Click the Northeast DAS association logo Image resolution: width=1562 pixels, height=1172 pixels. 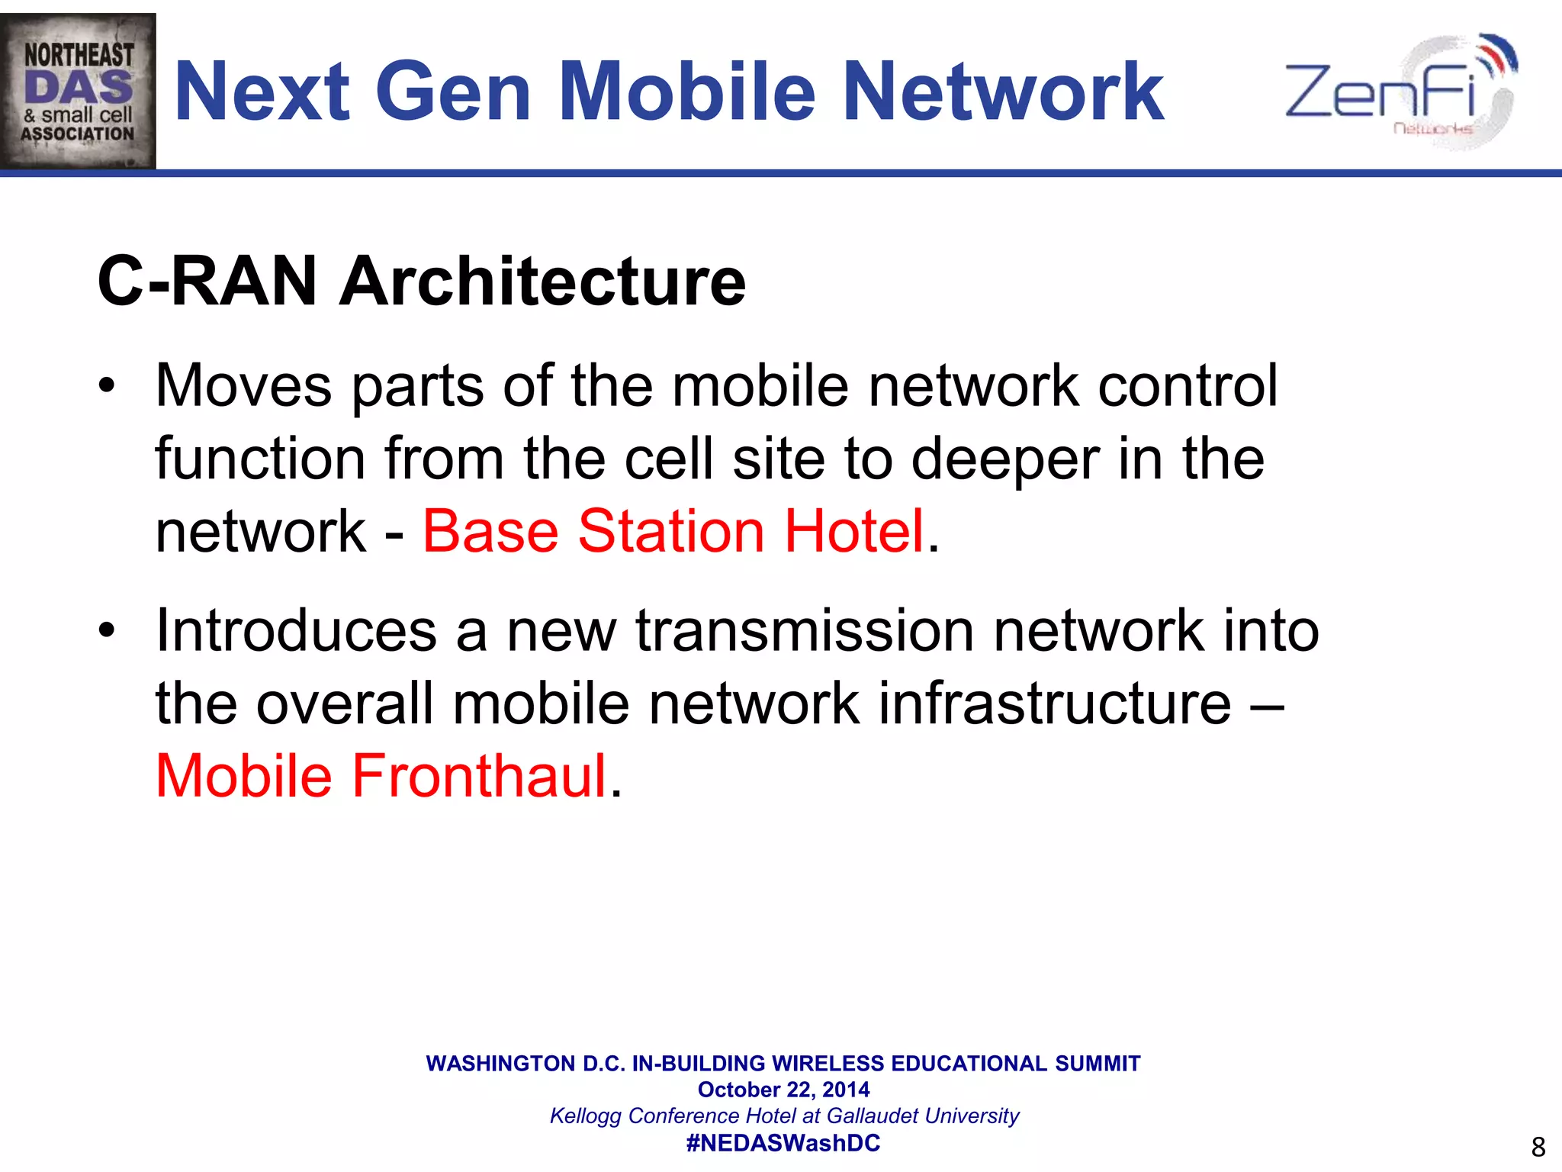point(78,92)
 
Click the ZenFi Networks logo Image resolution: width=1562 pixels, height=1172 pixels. point(1400,92)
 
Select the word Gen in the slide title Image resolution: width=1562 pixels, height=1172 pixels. point(454,92)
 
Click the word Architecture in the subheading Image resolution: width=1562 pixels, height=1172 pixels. point(542,282)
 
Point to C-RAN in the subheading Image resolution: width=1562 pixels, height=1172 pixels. point(207,282)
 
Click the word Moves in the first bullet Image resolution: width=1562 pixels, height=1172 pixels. point(243,385)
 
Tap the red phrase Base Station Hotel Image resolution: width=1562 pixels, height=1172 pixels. point(673,531)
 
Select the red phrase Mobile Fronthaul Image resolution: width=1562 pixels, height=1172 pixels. point(381,776)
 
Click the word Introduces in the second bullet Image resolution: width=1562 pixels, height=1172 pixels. point(296,631)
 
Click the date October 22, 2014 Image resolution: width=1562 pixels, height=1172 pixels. point(783,1090)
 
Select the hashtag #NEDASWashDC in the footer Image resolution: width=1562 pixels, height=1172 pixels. point(783,1143)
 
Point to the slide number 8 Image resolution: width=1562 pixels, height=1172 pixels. point(1538,1147)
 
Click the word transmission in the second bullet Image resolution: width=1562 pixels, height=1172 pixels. point(805,631)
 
